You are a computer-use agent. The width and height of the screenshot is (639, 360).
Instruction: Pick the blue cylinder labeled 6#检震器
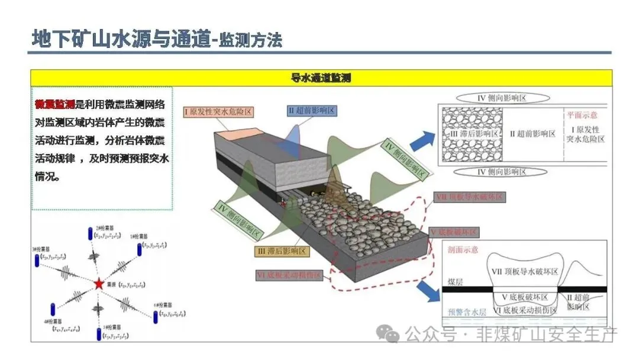(x=156, y=316)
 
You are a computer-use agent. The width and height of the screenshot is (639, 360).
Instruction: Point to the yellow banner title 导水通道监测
(x=321, y=78)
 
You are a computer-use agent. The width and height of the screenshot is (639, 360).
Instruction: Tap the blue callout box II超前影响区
(x=312, y=111)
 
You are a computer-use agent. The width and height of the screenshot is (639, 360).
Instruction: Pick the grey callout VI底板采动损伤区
(x=288, y=275)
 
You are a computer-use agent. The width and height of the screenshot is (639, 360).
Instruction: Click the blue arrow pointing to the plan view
(x=421, y=140)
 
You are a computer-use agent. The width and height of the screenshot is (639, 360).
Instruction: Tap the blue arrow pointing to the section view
(x=428, y=290)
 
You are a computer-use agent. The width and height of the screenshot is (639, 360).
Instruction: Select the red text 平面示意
(x=583, y=116)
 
